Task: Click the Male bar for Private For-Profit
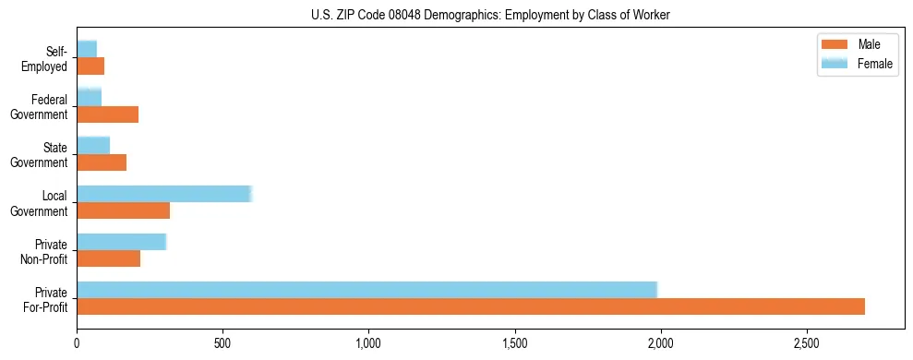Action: pyautogui.click(x=471, y=306)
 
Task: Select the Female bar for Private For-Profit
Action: pyautogui.click(x=366, y=290)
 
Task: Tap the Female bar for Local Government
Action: pyautogui.click(x=164, y=194)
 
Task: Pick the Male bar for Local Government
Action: pyautogui.click(x=123, y=210)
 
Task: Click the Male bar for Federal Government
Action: pyautogui.click(x=107, y=114)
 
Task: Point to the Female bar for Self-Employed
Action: pyautogui.click(x=87, y=49)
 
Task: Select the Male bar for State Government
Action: pyautogui.click(x=102, y=162)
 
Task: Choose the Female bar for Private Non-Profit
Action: pyautogui.click(x=121, y=242)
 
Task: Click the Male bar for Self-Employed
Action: pyautogui.click(x=90, y=66)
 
